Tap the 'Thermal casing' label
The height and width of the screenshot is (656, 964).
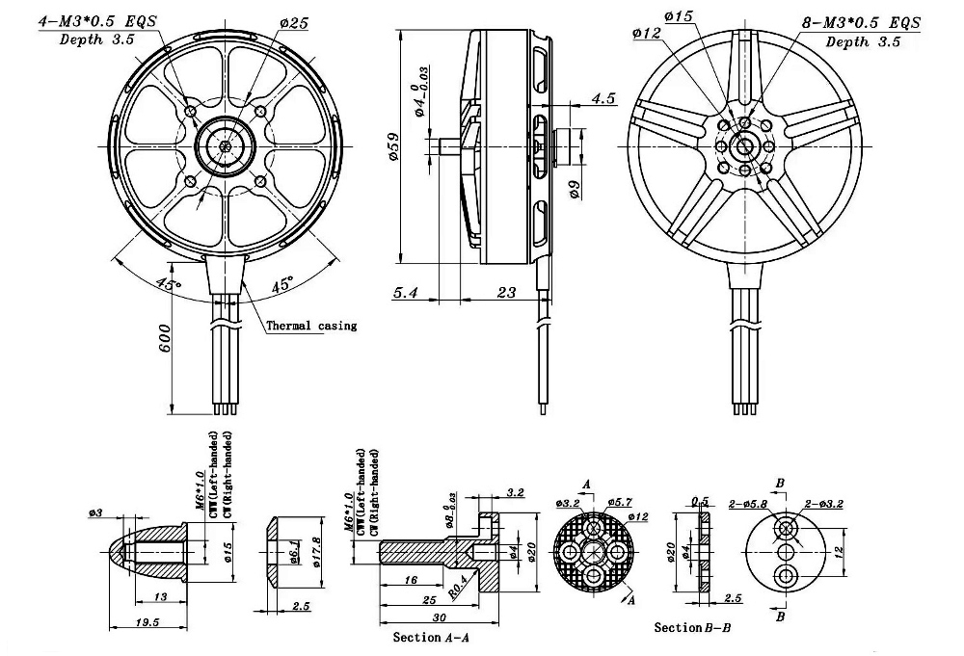coord(310,326)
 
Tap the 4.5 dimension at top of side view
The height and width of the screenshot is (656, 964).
coord(603,98)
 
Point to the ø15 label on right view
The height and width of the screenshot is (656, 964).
coord(679,16)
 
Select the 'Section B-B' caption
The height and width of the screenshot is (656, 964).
coord(692,628)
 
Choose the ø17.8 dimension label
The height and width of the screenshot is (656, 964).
coord(319,552)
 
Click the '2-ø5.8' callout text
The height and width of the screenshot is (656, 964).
coord(748,503)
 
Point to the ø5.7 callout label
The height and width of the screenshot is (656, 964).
coord(622,503)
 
